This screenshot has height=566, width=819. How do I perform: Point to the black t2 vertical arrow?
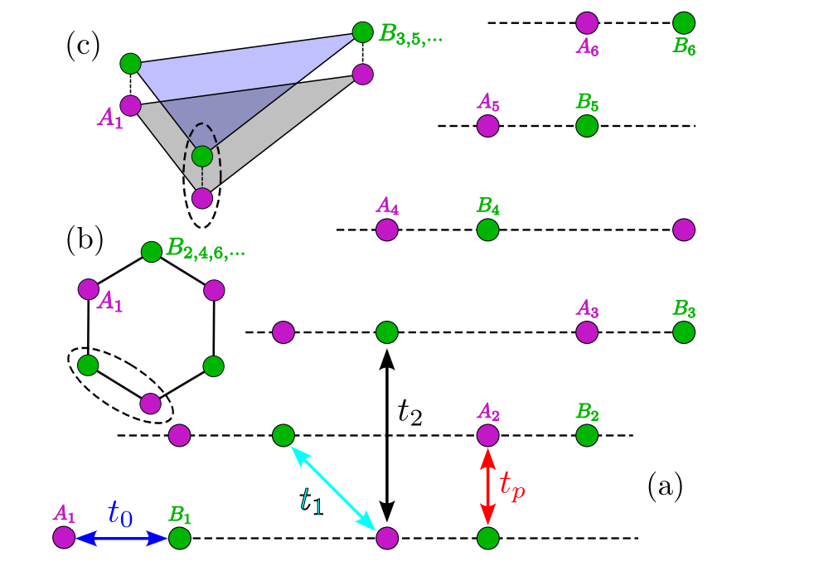[x=386, y=436]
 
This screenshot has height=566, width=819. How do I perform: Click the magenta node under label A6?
[x=587, y=23]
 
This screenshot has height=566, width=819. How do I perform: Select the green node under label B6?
[x=684, y=23]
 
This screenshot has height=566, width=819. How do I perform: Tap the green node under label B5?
[x=587, y=126]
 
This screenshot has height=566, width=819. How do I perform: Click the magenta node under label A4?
[x=386, y=230]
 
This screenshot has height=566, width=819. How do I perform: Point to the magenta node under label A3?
[x=587, y=332]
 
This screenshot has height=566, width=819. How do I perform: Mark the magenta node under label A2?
[x=487, y=435]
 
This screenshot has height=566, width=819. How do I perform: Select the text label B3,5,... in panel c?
[x=410, y=36]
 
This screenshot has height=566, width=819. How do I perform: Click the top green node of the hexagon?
[x=151, y=251]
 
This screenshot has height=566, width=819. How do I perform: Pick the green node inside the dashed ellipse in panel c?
[x=201, y=156]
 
